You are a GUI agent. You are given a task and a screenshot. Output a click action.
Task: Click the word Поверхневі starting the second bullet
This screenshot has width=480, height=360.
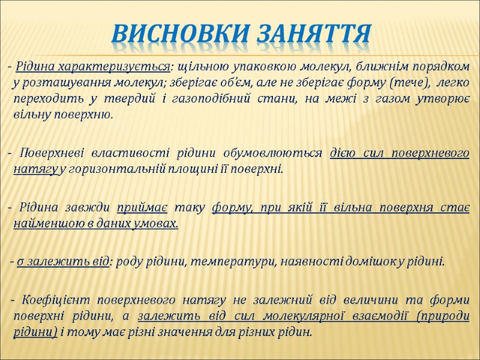(50, 153)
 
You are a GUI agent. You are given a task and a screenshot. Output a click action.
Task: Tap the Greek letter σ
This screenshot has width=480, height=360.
(21, 262)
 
